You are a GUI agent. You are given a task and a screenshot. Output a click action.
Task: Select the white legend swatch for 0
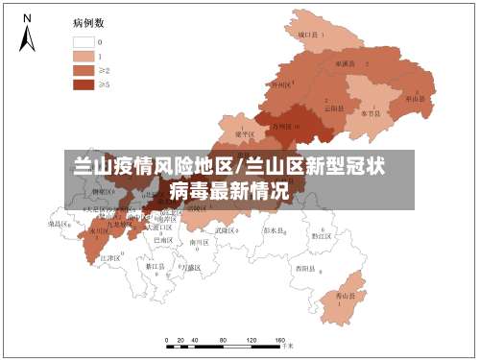coord(84,42)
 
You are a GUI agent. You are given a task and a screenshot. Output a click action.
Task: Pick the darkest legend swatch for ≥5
coord(84,84)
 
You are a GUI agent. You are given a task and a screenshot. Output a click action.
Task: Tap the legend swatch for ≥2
coord(84,70)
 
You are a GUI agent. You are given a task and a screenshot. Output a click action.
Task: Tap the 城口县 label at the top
coord(309,35)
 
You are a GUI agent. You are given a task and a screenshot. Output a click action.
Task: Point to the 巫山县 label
coord(415,98)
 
